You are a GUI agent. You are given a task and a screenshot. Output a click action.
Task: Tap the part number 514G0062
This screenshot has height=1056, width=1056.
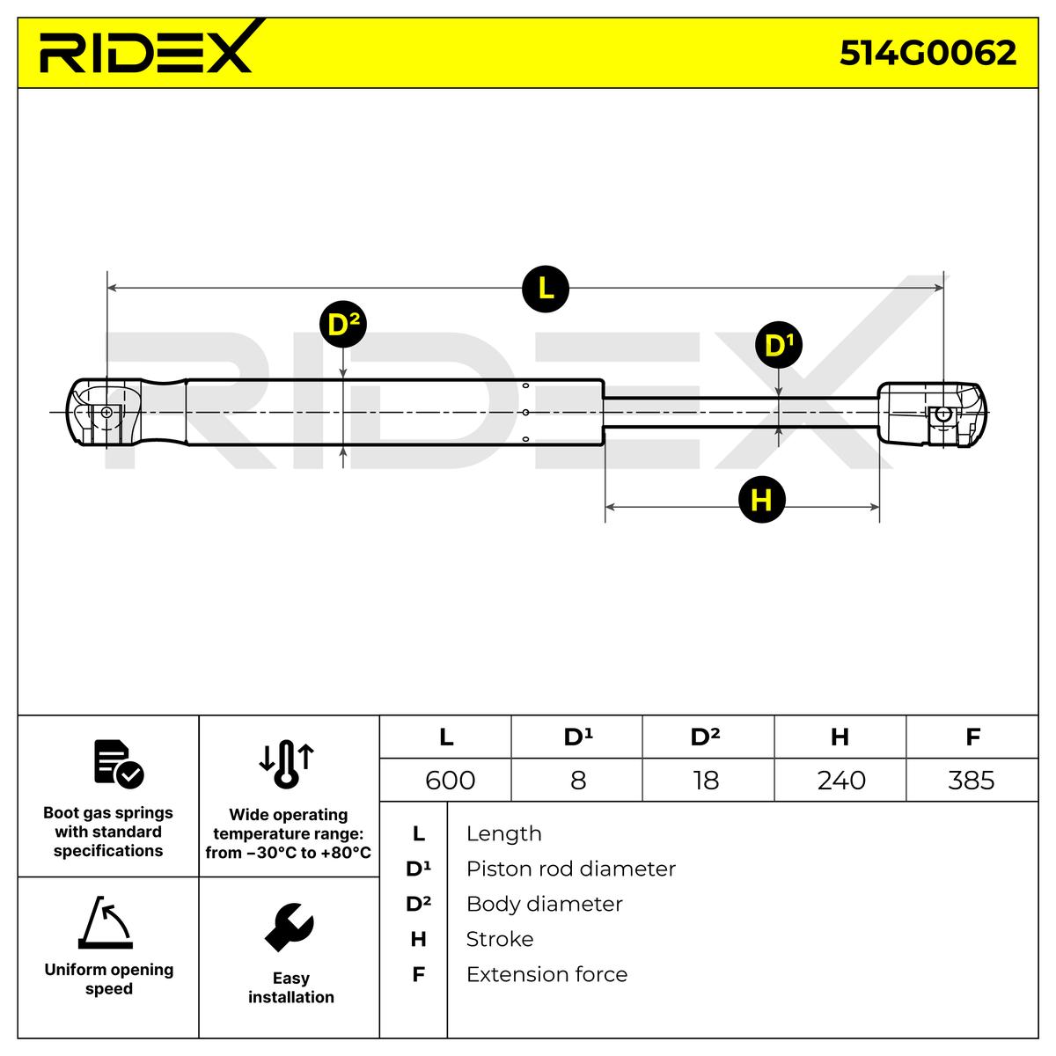[x=928, y=54]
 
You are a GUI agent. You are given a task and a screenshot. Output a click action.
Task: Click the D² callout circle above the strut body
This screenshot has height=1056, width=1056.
[x=342, y=325]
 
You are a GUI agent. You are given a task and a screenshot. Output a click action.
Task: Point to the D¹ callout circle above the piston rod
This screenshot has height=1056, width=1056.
[x=779, y=345]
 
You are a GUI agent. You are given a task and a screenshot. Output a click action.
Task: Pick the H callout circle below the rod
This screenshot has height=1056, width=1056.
[x=761, y=499]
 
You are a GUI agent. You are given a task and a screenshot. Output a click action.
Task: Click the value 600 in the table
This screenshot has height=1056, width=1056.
[x=450, y=780]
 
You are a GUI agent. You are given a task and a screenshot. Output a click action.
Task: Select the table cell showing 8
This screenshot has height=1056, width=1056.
[x=577, y=780]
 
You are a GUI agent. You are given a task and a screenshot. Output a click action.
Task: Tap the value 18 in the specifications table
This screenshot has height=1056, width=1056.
[x=706, y=780]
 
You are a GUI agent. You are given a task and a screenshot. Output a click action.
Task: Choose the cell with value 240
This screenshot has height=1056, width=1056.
[x=840, y=780]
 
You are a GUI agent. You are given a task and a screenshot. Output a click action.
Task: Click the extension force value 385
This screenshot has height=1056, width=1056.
[x=972, y=780]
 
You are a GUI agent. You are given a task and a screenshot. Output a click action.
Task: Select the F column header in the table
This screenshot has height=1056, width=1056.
[x=972, y=737]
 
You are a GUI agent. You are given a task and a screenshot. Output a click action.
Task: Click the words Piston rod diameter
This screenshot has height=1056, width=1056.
[x=570, y=869]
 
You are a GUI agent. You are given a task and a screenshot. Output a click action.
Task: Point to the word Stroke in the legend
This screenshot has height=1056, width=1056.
[x=499, y=939]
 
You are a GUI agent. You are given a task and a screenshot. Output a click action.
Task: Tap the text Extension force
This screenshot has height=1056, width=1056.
[x=546, y=974]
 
